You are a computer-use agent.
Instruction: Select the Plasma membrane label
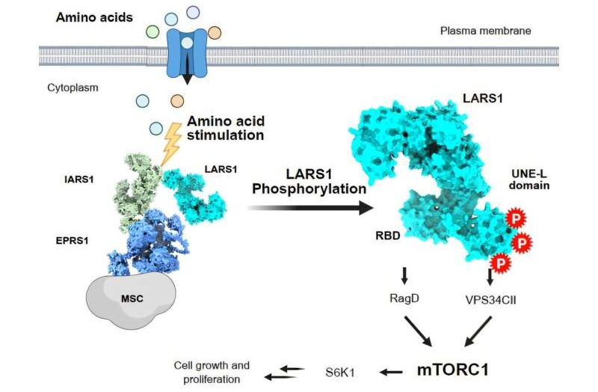coord(485,31)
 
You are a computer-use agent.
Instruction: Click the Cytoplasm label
coord(73,88)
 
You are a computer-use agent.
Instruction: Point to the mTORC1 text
coord(453,370)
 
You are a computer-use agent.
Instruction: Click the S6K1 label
coord(340,372)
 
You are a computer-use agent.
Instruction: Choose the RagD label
coord(404,298)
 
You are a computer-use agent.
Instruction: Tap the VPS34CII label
coord(491,300)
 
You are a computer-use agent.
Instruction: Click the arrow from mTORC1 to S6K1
coord(390,371)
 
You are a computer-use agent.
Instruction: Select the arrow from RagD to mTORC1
coord(418,331)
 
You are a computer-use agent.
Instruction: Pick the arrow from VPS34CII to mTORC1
coord(478,331)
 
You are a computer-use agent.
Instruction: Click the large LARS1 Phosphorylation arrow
coord(310,208)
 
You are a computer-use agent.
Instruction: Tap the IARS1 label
coord(79,179)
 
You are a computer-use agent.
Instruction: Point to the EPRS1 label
coord(72,241)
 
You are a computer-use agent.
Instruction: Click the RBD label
coord(388,236)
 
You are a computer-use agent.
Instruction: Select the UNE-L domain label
coord(529,180)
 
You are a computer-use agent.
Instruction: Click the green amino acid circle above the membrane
coord(152,31)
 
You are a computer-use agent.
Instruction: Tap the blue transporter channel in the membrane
coord(187,53)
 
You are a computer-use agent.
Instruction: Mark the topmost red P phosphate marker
coord(516,218)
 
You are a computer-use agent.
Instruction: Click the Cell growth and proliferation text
coord(212,372)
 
